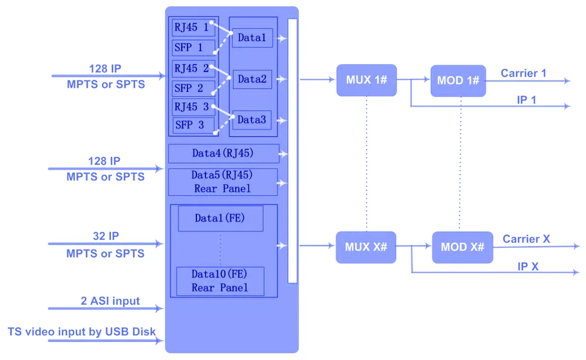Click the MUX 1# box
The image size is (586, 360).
click(366, 79)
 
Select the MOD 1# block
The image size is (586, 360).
click(458, 81)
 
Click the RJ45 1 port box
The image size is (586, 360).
click(193, 26)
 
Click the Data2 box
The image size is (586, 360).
click(252, 79)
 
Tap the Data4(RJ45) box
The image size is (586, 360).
click(223, 153)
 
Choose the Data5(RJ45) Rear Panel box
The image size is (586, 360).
click(222, 182)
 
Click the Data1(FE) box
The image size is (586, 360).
click(221, 218)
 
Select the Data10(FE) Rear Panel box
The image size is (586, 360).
click(220, 281)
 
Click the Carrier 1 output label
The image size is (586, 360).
click(524, 73)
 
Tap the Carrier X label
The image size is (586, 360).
click(526, 239)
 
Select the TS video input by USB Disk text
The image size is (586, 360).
click(82, 331)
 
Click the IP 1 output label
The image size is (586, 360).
click(526, 100)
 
